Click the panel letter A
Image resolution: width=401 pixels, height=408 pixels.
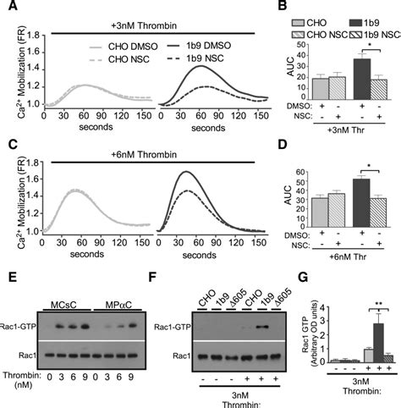(x=8, y=8)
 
